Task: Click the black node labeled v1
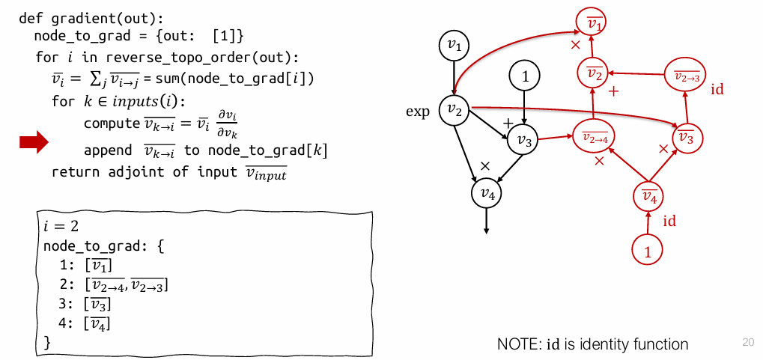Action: coord(454,46)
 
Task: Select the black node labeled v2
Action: coord(454,110)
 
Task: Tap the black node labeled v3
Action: coord(523,140)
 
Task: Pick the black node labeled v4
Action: coord(487,194)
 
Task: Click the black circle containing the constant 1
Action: coord(524,76)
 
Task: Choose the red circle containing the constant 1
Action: coord(648,250)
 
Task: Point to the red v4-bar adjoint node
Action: coord(649,198)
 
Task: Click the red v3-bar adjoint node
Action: coord(686,137)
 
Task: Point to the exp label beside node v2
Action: coord(418,112)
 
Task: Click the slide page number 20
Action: coord(748,341)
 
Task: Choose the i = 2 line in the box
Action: coord(61,225)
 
